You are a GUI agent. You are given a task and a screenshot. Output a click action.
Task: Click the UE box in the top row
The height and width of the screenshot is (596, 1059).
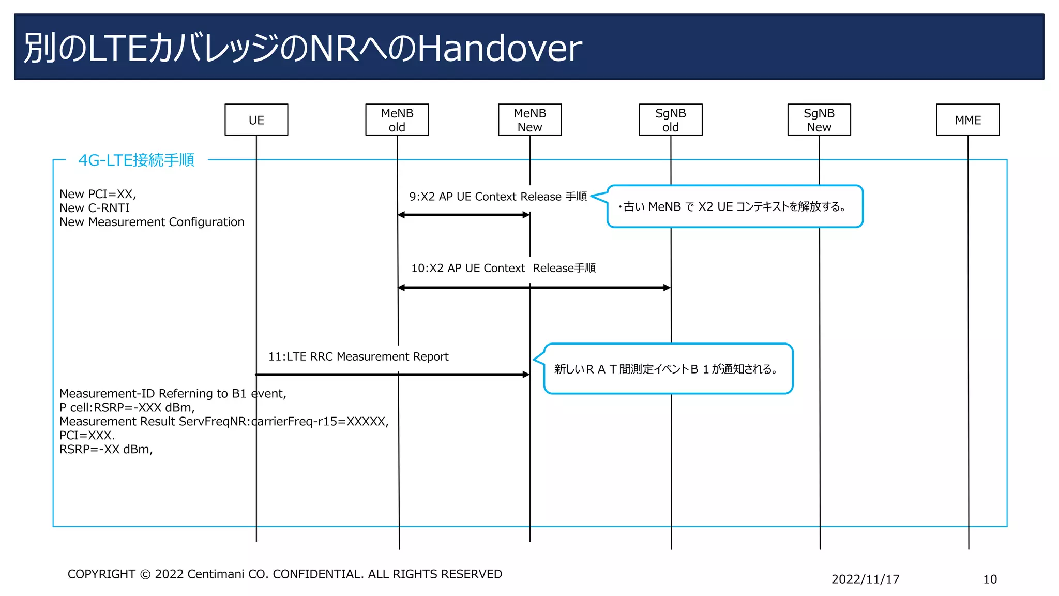[256, 120]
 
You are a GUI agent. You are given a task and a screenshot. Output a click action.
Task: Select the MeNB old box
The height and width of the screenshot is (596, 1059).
[397, 120]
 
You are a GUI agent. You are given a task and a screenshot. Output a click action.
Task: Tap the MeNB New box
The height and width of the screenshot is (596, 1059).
[529, 120]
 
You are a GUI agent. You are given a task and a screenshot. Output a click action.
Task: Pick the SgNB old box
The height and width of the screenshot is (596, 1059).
[670, 120]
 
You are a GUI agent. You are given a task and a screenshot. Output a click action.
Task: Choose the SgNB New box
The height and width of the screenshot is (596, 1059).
[819, 120]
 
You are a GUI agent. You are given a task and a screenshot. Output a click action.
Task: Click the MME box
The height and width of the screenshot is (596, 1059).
[967, 120]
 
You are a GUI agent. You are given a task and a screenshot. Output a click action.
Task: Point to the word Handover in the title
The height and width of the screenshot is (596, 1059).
[500, 48]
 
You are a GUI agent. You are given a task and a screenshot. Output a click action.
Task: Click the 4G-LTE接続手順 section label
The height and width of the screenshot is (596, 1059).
[137, 160]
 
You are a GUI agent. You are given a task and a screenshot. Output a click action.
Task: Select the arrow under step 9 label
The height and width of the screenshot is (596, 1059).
[464, 215]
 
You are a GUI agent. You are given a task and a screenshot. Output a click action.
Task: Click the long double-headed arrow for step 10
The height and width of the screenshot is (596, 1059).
[534, 288]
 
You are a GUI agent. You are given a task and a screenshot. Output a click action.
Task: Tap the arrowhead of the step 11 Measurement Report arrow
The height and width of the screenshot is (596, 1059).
[526, 374]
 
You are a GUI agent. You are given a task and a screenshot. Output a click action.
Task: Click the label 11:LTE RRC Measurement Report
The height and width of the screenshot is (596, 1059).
[358, 356]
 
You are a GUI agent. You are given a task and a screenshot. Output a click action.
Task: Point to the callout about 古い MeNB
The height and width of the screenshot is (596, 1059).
[734, 206]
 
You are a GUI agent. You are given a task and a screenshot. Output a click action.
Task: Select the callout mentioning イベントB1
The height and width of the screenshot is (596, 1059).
[668, 369]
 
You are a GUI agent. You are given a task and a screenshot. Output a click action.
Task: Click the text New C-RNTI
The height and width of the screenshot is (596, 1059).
[95, 208]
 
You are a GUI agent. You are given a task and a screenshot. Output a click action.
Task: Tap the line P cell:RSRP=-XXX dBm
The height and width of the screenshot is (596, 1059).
[127, 407]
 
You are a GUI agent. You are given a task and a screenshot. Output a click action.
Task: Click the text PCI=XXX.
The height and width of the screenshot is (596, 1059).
[87, 435]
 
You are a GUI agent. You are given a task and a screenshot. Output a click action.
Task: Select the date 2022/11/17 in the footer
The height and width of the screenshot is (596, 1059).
[865, 579]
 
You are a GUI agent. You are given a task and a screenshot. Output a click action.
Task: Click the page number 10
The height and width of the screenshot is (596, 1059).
[989, 579]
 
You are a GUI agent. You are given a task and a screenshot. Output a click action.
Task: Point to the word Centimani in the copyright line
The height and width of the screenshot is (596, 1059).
[215, 574]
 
